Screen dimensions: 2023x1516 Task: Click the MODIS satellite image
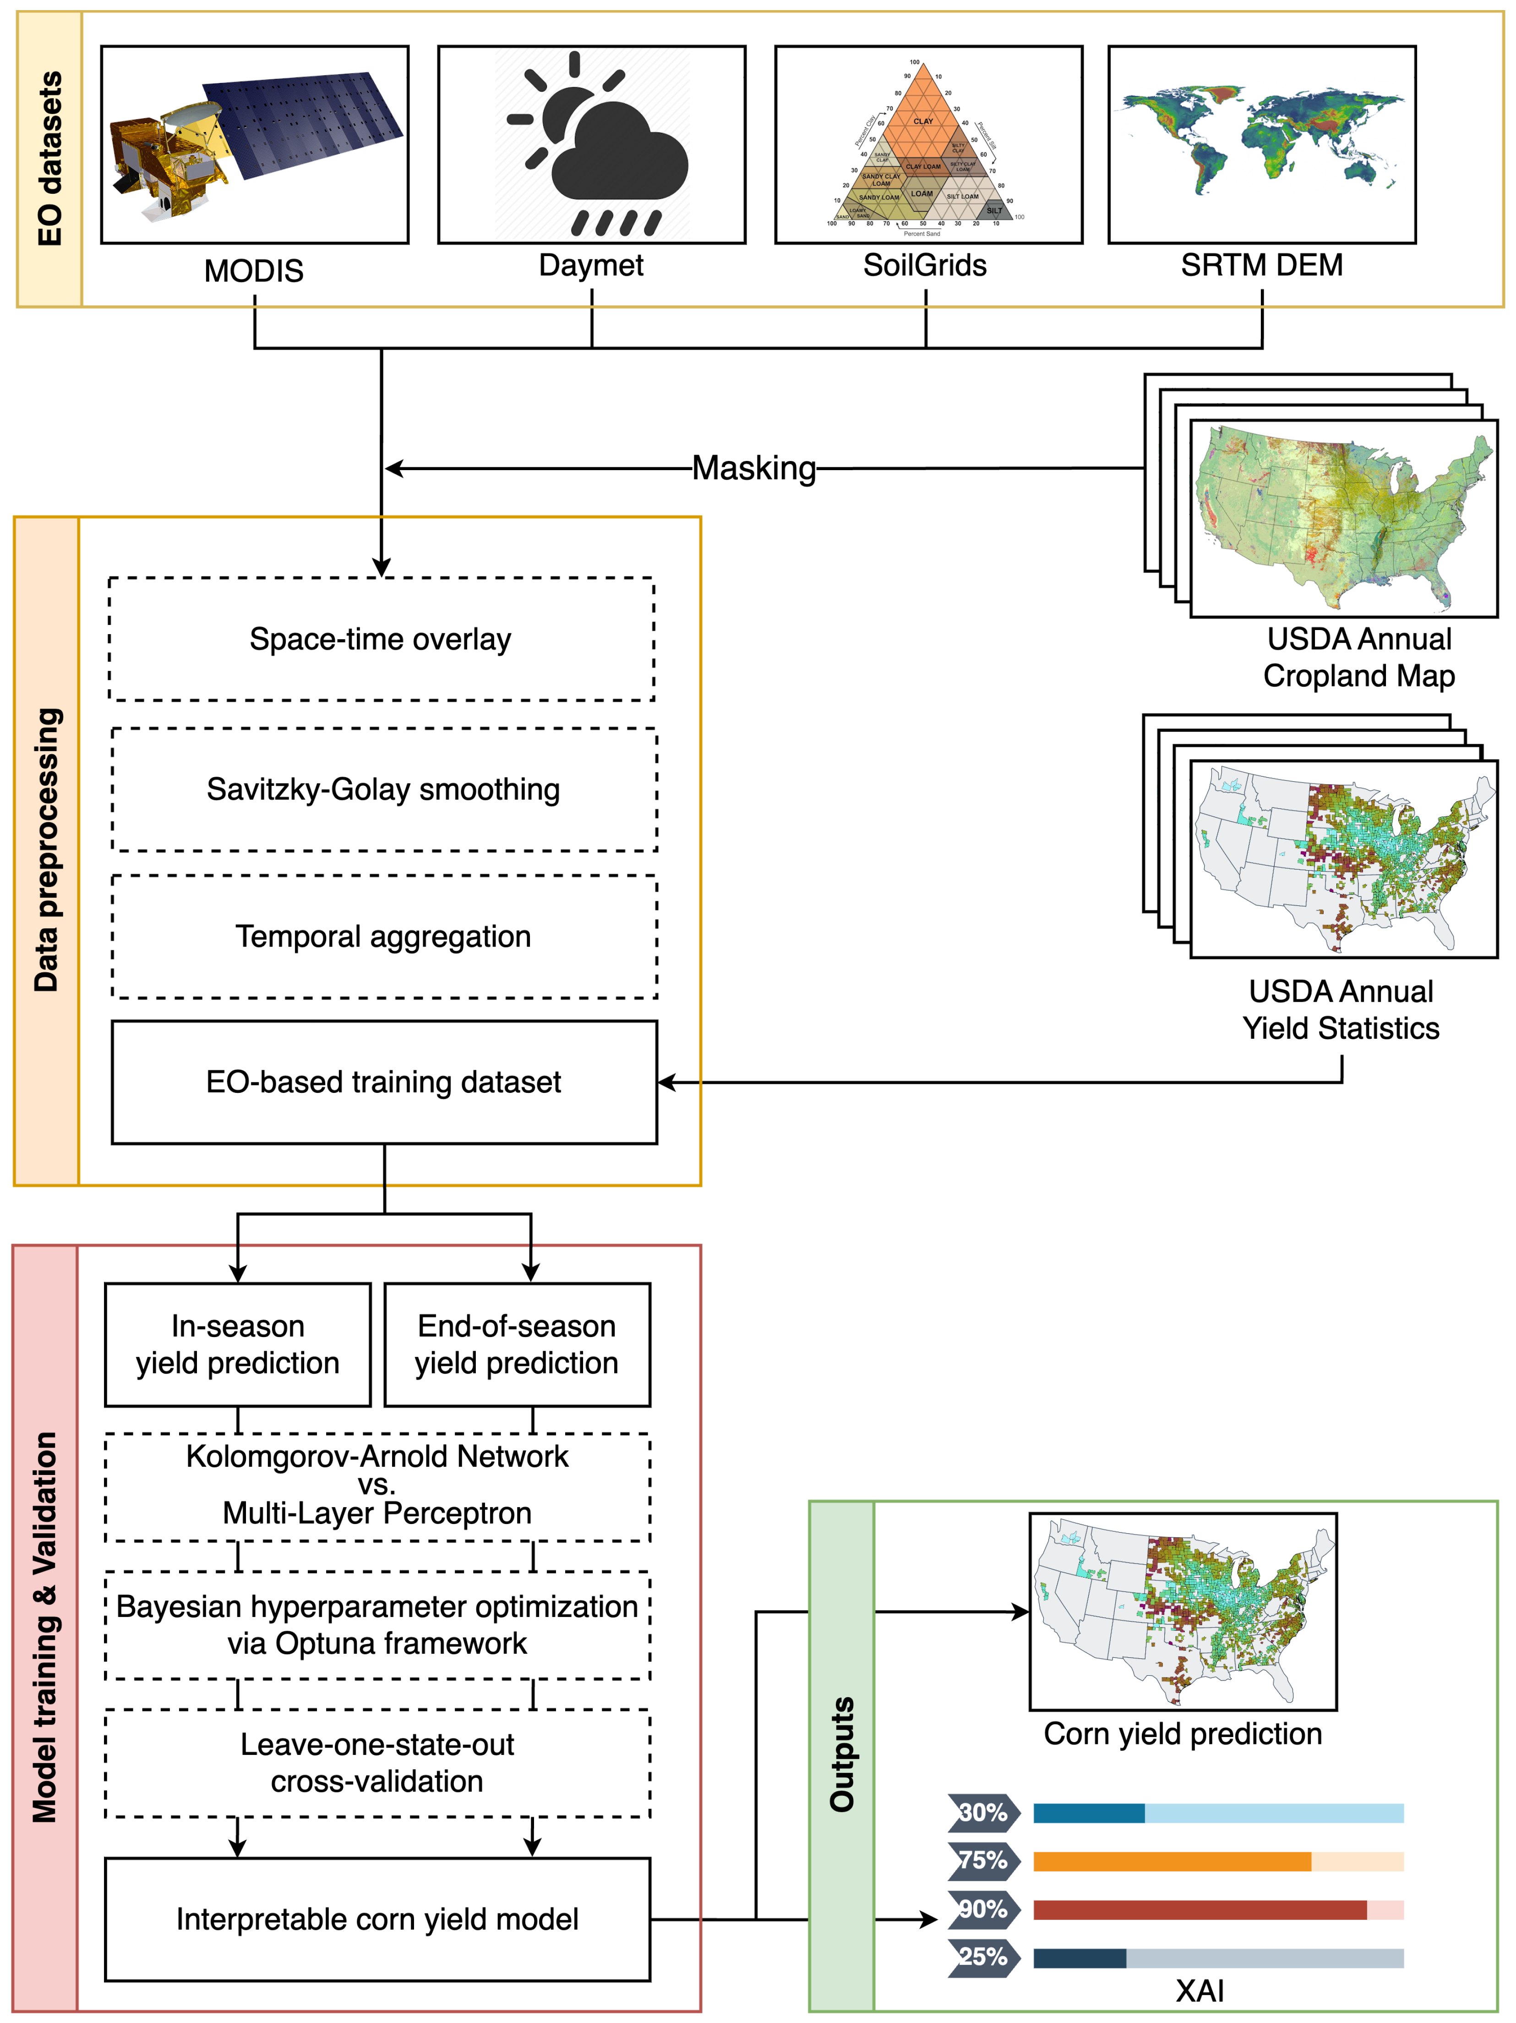pyautogui.click(x=254, y=144)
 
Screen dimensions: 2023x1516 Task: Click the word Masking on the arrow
pyautogui.click(x=753, y=468)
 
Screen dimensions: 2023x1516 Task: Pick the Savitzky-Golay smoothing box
pyautogui.click(x=383, y=789)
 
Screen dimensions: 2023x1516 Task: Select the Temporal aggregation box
pyautogui.click(x=383, y=937)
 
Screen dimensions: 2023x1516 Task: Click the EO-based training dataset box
pyautogui.click(x=383, y=1082)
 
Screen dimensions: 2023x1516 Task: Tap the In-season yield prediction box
pyautogui.click(x=238, y=1344)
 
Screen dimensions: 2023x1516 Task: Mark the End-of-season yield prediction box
pyautogui.click(x=517, y=1344)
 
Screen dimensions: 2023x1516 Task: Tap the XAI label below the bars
pyautogui.click(x=1200, y=1991)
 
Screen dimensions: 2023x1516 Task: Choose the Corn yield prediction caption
pyautogui.click(x=1182, y=1734)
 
